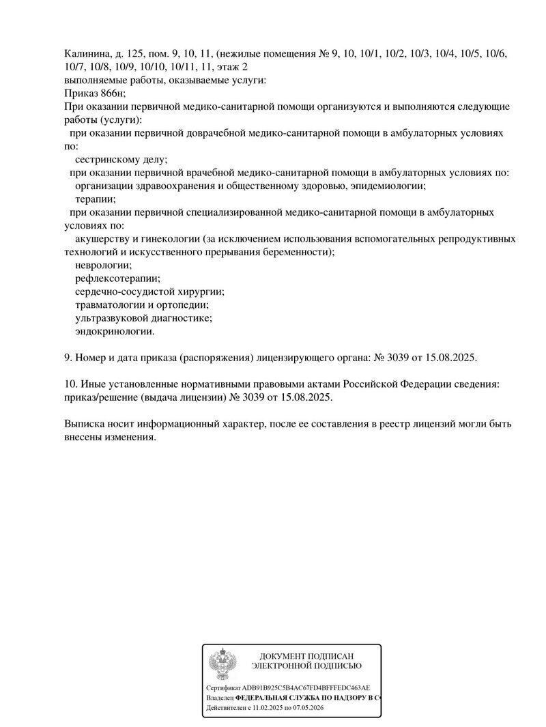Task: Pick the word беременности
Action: (296, 252)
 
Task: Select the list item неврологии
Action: (103, 266)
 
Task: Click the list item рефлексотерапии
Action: (117, 279)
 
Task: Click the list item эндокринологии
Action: (115, 332)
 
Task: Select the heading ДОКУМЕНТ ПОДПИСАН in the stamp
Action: (306, 655)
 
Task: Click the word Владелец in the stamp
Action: (219, 699)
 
